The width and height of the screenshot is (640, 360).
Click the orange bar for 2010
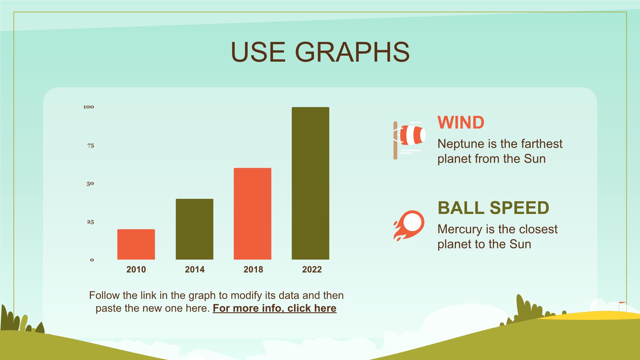click(x=136, y=244)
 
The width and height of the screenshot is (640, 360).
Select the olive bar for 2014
click(x=194, y=229)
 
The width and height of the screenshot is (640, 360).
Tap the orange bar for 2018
click(x=252, y=214)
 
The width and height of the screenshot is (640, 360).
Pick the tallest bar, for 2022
click(x=311, y=183)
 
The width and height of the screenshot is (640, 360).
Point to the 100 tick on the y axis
click(x=89, y=107)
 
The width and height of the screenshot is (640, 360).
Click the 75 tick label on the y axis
click(x=91, y=145)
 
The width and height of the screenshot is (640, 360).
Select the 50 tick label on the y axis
click(x=90, y=184)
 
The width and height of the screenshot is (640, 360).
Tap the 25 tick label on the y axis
click(x=90, y=222)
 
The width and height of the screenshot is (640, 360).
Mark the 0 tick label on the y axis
click(x=92, y=260)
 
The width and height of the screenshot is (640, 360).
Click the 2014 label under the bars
click(x=195, y=269)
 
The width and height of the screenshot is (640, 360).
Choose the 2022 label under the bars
click(x=312, y=269)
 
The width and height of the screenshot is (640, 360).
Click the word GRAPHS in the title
click(x=352, y=52)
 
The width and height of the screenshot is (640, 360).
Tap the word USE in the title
click(x=258, y=52)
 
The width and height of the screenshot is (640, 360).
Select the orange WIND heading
click(x=461, y=122)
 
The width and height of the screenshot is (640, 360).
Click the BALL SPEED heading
click(x=493, y=208)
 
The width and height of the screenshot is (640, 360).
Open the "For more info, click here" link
click(x=275, y=308)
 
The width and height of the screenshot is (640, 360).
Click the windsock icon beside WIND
click(x=409, y=140)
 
